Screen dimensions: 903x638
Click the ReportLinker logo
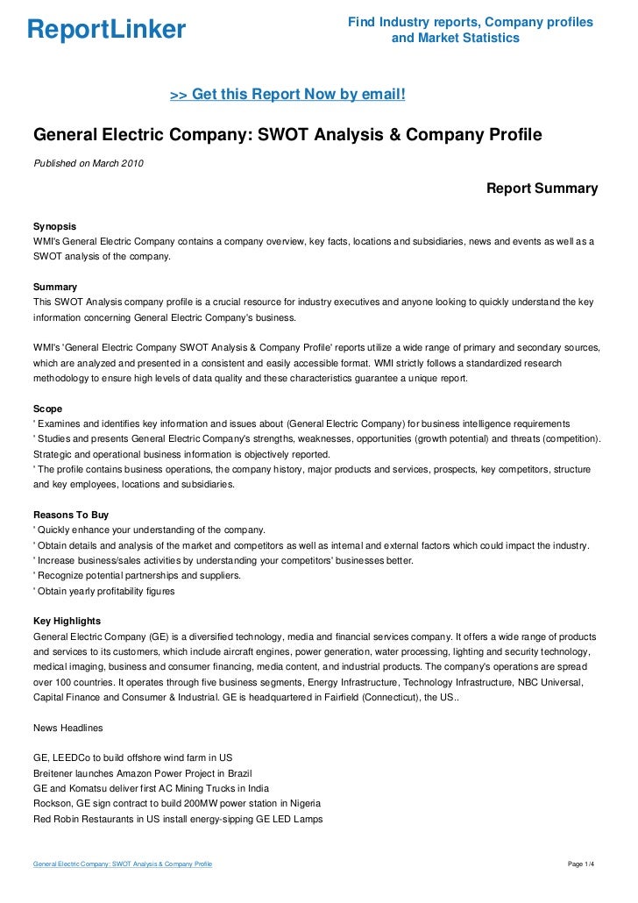(107, 30)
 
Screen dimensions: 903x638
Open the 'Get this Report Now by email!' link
(287, 93)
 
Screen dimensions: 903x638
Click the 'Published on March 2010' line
(89, 163)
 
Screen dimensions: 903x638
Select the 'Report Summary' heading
(542, 188)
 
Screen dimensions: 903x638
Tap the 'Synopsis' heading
(55, 225)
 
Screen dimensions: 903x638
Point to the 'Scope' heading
(47, 408)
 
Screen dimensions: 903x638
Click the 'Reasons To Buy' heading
(70, 515)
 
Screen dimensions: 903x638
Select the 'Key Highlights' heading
(67, 621)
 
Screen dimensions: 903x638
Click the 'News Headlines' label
(67, 728)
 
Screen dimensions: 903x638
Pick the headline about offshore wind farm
(132, 757)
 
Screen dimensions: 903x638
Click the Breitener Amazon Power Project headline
(142, 772)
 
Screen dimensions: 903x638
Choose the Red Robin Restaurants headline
(177, 819)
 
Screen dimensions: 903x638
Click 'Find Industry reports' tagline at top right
(470, 21)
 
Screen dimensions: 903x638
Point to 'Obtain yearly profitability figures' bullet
(104, 591)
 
